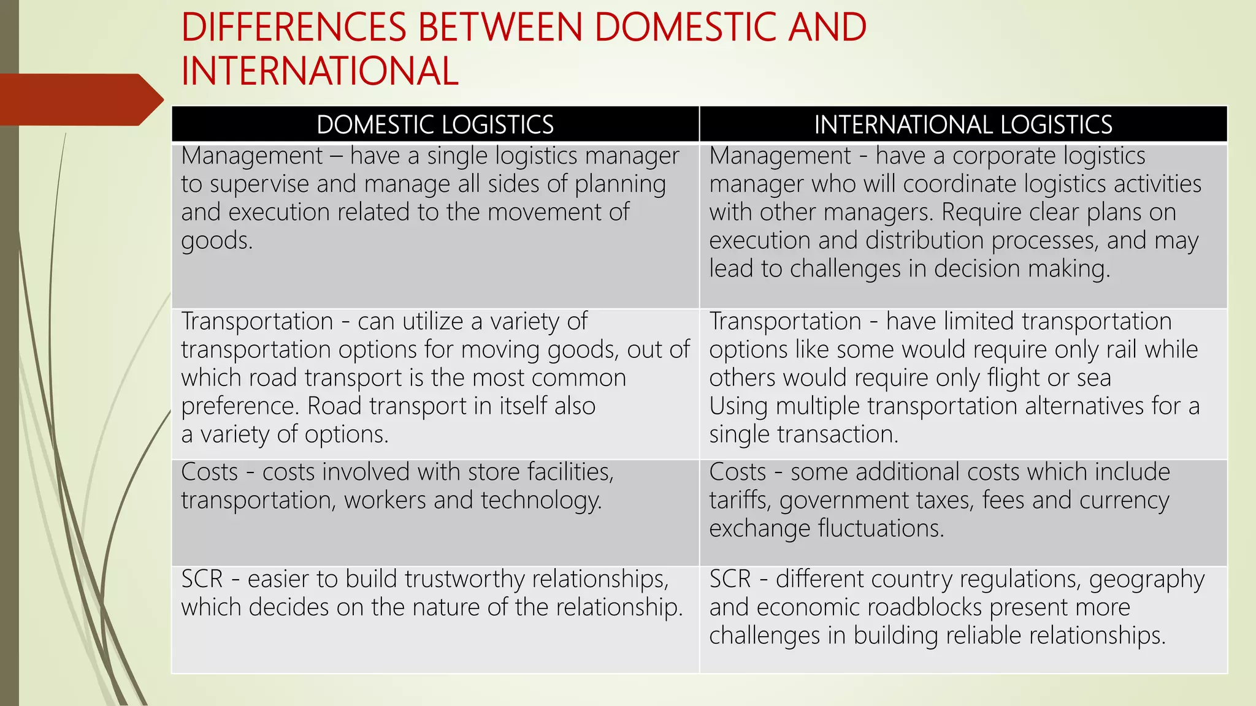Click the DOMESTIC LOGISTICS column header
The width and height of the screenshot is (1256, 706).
tap(435, 124)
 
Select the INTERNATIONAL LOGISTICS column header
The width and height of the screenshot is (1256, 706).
tap(963, 124)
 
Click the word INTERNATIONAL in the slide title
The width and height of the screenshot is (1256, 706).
tap(320, 71)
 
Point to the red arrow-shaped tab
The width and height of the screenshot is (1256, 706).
tap(80, 99)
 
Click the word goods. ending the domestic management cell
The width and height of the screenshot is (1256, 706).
tap(216, 241)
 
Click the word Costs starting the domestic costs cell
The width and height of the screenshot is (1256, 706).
tap(209, 472)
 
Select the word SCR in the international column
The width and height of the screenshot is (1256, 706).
tap(730, 579)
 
